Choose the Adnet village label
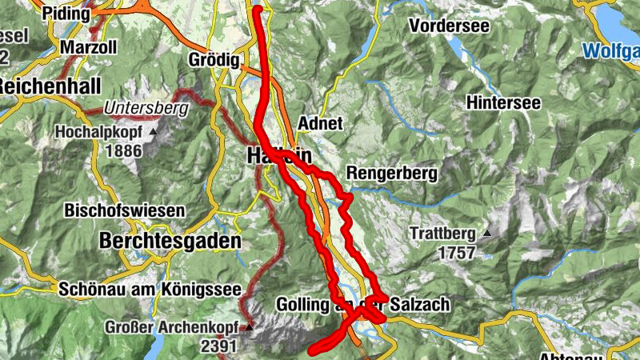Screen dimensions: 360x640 click(319, 124)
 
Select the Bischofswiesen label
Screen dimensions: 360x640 click(125, 211)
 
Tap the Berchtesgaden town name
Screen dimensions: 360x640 click(170, 240)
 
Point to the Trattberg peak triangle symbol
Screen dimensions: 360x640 click(487, 234)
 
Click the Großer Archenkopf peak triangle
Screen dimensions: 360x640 click(250, 327)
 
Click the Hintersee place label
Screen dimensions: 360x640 click(503, 102)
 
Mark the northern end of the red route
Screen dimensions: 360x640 click(258, 9)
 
